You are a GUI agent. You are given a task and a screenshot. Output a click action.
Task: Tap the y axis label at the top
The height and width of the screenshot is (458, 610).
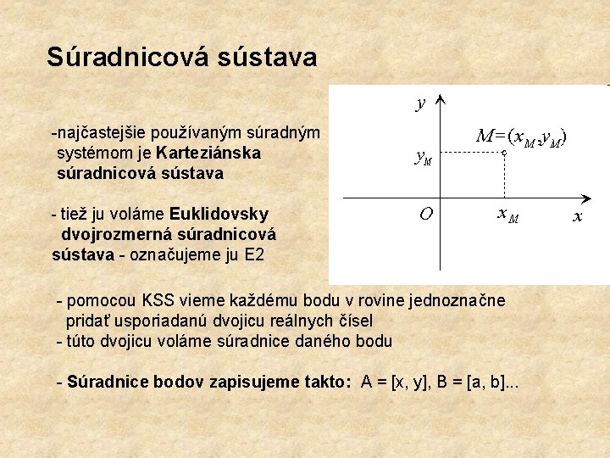pyautogui.click(x=421, y=103)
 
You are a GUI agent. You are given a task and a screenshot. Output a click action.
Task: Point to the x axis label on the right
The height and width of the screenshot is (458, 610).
pyautogui.click(x=578, y=217)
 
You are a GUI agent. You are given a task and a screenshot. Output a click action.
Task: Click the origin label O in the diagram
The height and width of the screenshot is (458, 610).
pyautogui.click(x=427, y=214)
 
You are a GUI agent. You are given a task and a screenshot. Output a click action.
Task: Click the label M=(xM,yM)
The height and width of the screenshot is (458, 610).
pyautogui.click(x=520, y=136)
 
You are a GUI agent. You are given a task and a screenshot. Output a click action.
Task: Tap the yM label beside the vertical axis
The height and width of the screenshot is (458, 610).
pyautogui.click(x=422, y=156)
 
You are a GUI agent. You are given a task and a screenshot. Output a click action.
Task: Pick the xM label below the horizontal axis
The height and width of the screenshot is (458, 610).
pyautogui.click(x=507, y=217)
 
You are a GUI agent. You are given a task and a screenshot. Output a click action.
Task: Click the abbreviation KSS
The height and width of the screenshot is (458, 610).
pyautogui.click(x=160, y=300)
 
